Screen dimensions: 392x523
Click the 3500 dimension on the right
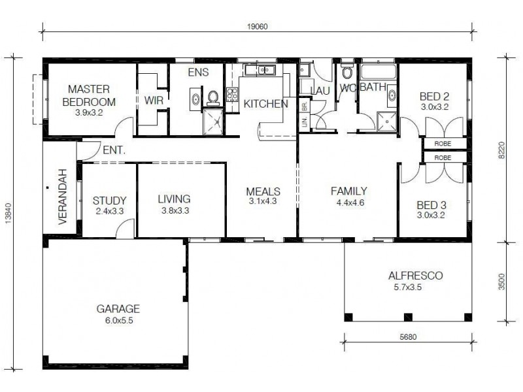tap(501, 281)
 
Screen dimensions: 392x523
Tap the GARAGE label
tap(118, 309)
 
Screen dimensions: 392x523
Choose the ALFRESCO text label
tap(415, 276)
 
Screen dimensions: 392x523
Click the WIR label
tap(153, 99)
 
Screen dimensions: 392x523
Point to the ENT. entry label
tap(112, 150)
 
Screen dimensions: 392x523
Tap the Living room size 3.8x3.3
tap(174, 210)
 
